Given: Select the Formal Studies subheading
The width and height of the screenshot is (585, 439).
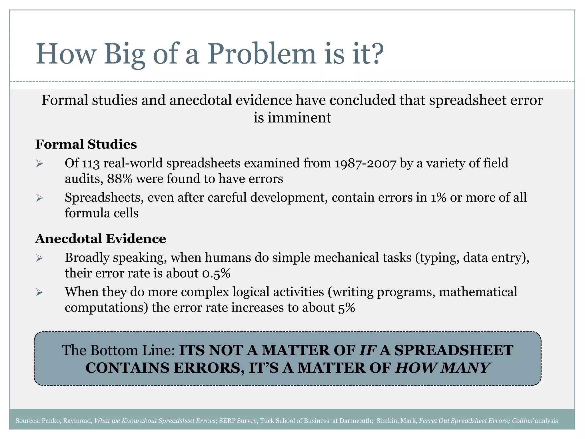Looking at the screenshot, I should click(86, 144).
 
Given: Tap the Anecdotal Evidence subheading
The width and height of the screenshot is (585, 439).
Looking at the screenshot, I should click(101, 239).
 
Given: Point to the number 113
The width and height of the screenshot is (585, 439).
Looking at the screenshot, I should click(91, 163).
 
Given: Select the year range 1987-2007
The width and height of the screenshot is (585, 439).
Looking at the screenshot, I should click(365, 163).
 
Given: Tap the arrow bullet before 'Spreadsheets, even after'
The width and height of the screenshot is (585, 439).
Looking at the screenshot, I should click(39, 198).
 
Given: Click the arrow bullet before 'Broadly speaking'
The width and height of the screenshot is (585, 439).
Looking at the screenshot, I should click(39, 258).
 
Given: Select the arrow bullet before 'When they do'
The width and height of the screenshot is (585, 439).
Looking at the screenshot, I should click(39, 292).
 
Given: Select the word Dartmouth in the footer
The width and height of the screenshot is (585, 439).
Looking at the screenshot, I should click(356, 421).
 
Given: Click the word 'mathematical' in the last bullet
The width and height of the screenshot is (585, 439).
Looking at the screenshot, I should click(478, 292).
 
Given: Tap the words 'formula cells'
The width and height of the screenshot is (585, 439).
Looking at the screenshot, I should click(102, 213).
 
